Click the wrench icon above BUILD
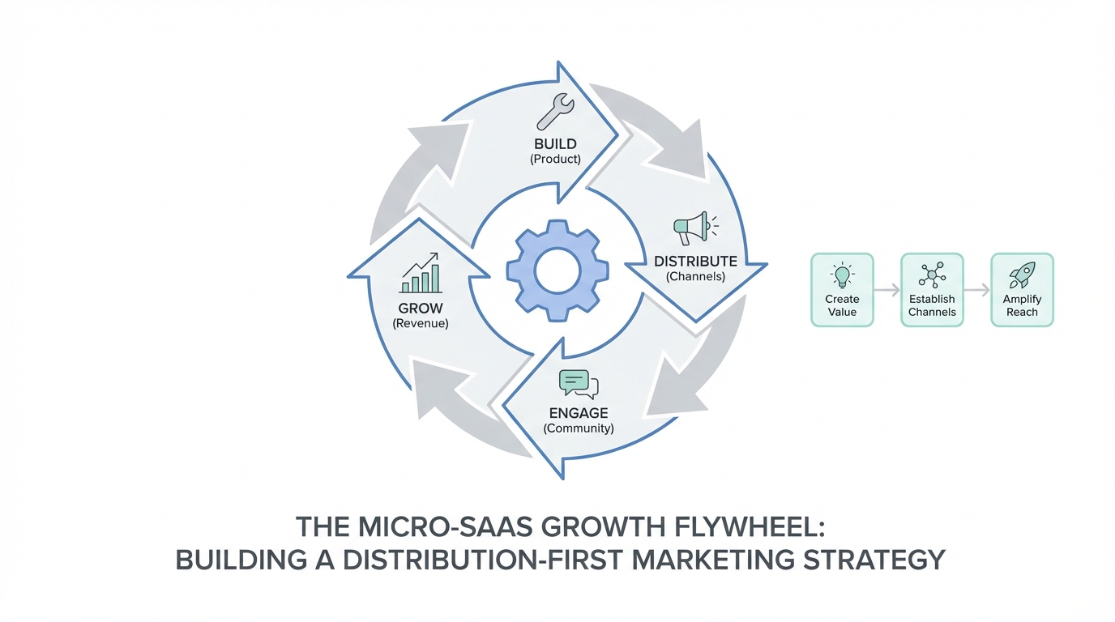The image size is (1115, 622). point(555,113)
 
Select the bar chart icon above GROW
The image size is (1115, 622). point(421,274)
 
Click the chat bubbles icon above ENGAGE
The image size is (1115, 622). point(578,384)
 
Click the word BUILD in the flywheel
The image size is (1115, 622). point(555,144)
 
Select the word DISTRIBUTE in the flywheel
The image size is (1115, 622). point(695,261)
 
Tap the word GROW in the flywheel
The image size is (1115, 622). point(421,308)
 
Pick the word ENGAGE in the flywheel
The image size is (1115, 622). point(578,413)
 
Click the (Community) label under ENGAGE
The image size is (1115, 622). point(578,428)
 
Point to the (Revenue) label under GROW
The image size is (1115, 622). point(421,323)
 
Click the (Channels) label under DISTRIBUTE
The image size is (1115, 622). point(695,276)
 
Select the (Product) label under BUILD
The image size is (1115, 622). point(555,159)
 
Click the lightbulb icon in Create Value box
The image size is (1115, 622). point(842,276)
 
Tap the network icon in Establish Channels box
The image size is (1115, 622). point(932,276)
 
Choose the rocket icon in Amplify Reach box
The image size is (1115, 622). point(1022,276)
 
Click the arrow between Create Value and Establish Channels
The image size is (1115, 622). point(887,290)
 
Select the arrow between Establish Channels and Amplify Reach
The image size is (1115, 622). point(977,290)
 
